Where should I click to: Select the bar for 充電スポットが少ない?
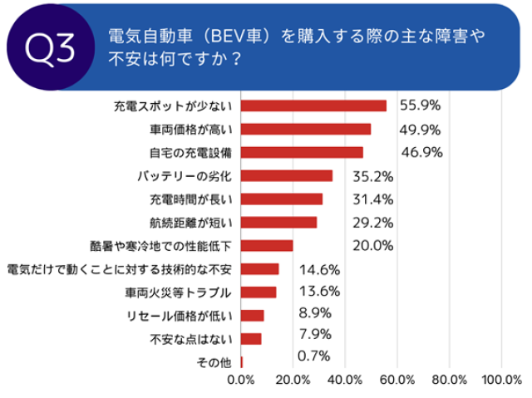(313, 106)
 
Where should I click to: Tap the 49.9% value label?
(419, 128)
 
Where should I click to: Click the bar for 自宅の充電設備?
(302, 152)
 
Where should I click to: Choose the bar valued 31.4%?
(282, 199)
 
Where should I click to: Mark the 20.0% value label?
(372, 245)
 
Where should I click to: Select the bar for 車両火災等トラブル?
(259, 292)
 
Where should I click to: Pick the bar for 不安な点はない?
(251, 339)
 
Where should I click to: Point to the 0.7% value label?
(313, 356)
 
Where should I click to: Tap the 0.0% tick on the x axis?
(241, 381)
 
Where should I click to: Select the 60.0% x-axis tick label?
(397, 381)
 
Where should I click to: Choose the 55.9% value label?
(420, 105)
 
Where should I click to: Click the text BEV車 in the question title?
(242, 37)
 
